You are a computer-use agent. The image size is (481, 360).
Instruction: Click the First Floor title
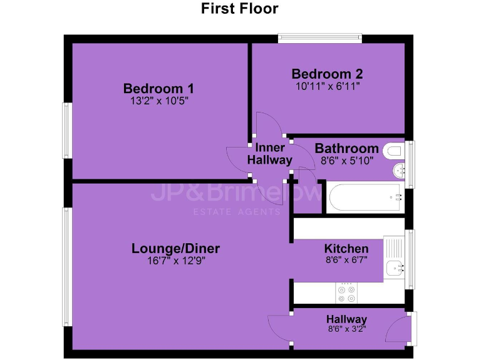click(x=239, y=9)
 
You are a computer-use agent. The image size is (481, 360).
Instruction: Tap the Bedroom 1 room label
click(x=158, y=88)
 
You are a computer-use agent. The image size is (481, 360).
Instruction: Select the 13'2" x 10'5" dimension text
click(x=158, y=100)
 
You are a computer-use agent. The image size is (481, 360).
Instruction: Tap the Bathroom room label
click(x=346, y=149)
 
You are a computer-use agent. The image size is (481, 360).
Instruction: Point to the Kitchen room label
click(x=346, y=249)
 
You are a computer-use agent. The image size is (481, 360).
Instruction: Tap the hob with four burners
click(x=346, y=291)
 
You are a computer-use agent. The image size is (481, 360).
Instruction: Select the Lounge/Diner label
click(x=176, y=249)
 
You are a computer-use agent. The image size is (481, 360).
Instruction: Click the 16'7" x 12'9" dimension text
click(x=176, y=261)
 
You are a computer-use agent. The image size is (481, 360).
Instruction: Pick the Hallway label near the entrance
click(x=346, y=319)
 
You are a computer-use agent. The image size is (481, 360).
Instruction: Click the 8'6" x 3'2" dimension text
click(x=346, y=330)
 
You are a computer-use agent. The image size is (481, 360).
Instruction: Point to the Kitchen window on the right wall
click(x=410, y=259)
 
